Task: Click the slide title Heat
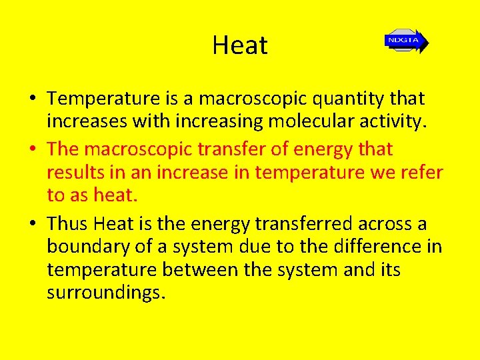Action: (239, 45)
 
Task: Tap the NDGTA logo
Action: (405, 41)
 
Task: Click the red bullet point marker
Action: (32, 149)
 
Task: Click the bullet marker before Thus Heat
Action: (32, 224)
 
